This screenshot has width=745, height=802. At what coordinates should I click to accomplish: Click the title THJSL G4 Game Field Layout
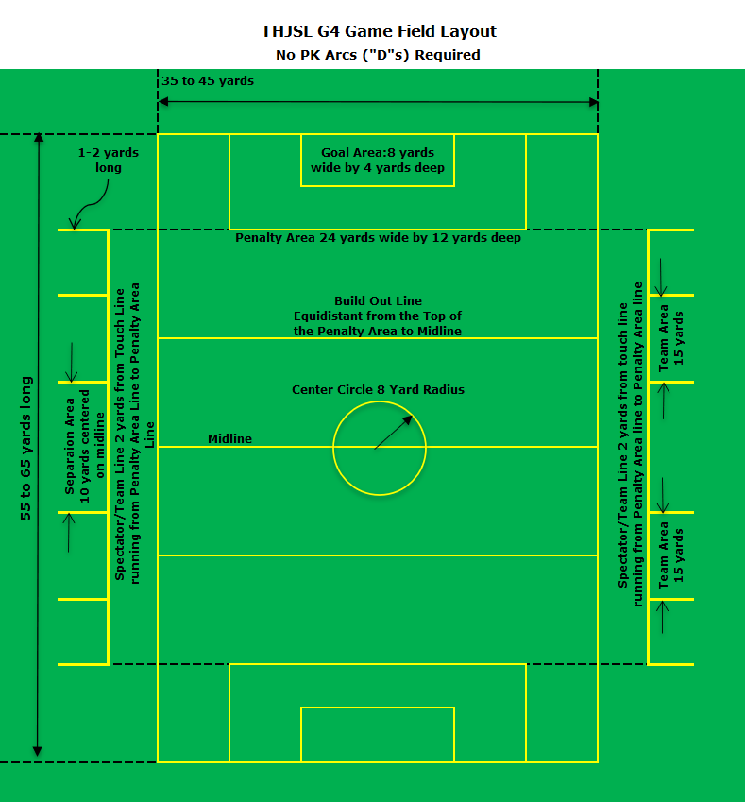click(379, 32)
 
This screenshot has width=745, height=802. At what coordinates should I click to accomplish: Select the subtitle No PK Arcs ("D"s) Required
click(378, 55)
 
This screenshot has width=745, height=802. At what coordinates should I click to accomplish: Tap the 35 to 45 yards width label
click(208, 81)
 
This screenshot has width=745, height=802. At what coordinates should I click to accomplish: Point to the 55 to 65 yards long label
click(26, 449)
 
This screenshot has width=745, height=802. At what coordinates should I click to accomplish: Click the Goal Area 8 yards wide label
click(378, 160)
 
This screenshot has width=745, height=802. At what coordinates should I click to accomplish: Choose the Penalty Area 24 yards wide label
click(378, 238)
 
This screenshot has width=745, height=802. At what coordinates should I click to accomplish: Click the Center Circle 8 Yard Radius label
click(378, 390)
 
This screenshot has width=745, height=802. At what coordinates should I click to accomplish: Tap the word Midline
click(229, 439)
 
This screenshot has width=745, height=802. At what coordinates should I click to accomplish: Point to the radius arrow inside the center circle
click(393, 433)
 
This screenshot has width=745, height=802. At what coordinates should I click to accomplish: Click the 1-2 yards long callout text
click(109, 160)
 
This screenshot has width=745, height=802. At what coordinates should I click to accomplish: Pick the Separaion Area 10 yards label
click(85, 446)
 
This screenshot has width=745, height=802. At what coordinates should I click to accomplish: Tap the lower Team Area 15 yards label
click(670, 555)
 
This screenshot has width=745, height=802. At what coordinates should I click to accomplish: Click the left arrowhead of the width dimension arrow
click(163, 102)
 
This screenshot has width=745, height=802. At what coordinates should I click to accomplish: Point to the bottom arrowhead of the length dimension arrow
click(38, 751)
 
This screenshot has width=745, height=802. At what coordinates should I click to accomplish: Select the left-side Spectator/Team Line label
click(134, 434)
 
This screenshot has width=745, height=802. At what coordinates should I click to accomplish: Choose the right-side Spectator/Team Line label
click(631, 445)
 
